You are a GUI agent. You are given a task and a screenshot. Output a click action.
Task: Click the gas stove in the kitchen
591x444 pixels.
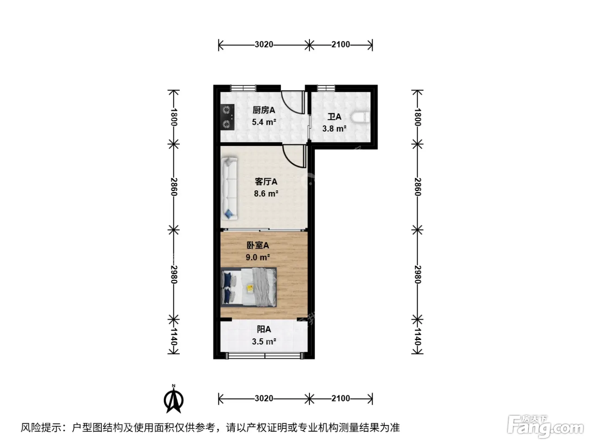(x=227, y=117)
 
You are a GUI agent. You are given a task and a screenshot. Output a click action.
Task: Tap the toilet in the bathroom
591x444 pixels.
(x=360, y=117)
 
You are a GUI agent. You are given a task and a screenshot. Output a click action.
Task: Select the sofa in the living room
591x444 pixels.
(x=229, y=189)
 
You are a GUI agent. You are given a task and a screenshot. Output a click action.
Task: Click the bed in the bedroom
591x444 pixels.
(x=249, y=287)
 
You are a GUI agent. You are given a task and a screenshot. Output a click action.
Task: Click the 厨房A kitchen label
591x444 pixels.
(x=263, y=110)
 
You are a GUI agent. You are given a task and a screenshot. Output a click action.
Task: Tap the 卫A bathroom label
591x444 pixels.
(x=334, y=117)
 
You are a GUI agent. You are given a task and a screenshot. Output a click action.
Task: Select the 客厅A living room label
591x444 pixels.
(x=266, y=182)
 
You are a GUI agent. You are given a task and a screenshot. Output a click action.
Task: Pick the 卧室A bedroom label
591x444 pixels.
(x=258, y=245)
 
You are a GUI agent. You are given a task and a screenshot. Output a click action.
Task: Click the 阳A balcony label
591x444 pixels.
(x=263, y=329)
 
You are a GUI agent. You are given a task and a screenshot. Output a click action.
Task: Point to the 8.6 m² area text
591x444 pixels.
(x=266, y=194)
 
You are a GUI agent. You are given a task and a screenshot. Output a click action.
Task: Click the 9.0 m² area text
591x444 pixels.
(x=258, y=257)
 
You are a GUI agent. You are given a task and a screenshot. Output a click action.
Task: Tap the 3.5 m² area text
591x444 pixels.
(x=264, y=342)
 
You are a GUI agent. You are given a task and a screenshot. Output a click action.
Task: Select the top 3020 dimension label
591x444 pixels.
(x=264, y=44)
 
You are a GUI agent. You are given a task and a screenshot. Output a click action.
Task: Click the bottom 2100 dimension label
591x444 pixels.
(x=341, y=398)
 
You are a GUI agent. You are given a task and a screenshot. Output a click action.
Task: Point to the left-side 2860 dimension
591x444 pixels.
(x=174, y=187)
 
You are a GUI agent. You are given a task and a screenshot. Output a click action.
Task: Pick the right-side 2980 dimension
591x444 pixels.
(x=417, y=275)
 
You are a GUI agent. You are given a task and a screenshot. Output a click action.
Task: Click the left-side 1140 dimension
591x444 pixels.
(x=174, y=337)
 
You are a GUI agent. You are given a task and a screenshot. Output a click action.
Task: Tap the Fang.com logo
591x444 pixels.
(x=545, y=427)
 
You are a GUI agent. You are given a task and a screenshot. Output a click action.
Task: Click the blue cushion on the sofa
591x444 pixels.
(x=229, y=214)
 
